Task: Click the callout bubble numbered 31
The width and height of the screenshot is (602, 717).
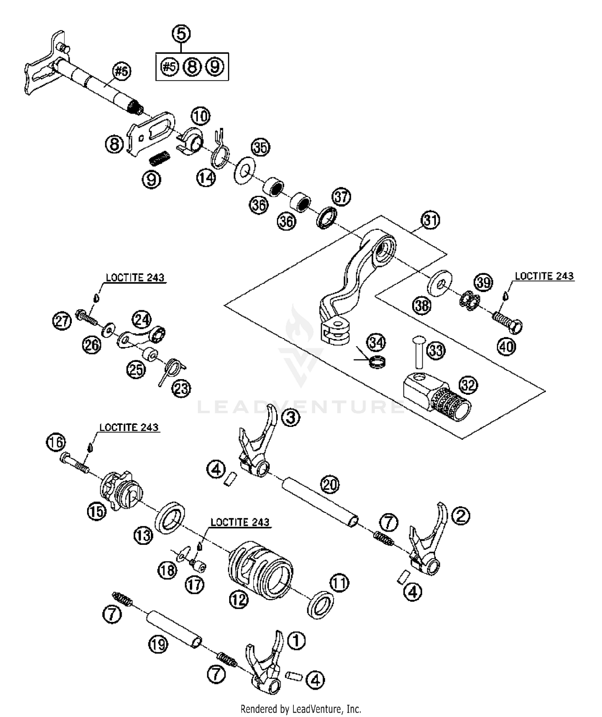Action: (x=430, y=220)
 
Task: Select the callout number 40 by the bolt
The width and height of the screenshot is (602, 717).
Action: (x=506, y=346)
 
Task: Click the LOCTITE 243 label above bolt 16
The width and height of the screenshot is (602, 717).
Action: (x=129, y=428)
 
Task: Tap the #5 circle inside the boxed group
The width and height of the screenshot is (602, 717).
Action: (x=169, y=67)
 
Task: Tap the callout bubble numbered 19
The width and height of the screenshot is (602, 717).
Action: (x=158, y=645)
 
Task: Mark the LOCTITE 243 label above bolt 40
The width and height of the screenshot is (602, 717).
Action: (x=544, y=276)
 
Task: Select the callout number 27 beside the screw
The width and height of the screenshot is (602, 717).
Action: (x=62, y=321)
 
